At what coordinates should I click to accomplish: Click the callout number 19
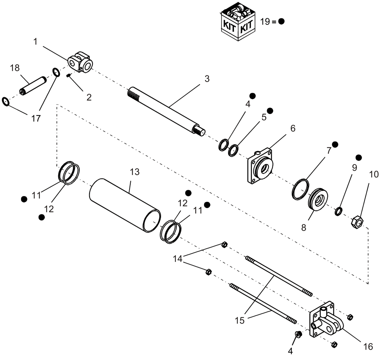pyautogui.click(x=265, y=21)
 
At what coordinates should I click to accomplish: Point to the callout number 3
pyautogui.click(x=207, y=79)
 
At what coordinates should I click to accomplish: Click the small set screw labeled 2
pyautogui.click(x=68, y=76)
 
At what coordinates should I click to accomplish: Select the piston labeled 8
pyautogui.click(x=317, y=199)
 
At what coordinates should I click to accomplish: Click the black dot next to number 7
pyautogui.click(x=335, y=144)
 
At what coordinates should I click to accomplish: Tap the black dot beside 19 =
pyautogui.click(x=281, y=21)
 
